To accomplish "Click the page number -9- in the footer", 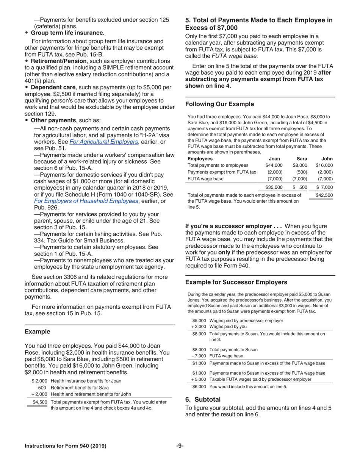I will click(180, 446).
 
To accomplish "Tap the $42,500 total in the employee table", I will click(324, 195).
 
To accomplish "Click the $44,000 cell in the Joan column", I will click(274, 165).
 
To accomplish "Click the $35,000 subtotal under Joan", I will click(274, 187).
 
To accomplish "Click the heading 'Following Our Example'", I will click(219, 104).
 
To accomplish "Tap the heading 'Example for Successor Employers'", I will click(236, 282).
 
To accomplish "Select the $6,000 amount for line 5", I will click(199, 386).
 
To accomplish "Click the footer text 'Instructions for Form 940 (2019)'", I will click(65, 446).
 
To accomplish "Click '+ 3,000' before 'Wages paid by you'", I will click(198, 326).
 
